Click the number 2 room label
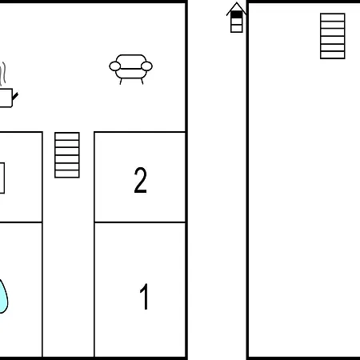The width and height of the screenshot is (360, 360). click(140, 180)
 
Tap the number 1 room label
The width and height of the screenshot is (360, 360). click(144, 296)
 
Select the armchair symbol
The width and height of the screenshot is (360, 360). click(130, 70)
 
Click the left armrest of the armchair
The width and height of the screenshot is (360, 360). click(115, 66)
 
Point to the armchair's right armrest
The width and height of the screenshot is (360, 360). click(146, 66)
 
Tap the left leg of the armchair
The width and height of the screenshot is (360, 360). click(121, 82)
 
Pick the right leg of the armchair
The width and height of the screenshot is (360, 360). click(142, 82)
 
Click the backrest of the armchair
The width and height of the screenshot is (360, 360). click(131, 62)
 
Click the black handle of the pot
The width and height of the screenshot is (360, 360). click(15, 96)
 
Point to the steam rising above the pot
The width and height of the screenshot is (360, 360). click(2, 74)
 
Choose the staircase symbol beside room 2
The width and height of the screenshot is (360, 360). click(67, 155)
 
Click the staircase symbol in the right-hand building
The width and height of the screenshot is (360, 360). click(333, 36)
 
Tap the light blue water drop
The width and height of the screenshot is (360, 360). click(3, 296)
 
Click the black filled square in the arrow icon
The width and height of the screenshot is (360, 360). click(237, 14)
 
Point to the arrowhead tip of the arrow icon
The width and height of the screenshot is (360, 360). click(237, 2)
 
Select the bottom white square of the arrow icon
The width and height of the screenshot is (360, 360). click(237, 29)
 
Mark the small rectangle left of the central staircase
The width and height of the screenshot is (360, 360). click(2, 178)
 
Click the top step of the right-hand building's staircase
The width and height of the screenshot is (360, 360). click(333, 17)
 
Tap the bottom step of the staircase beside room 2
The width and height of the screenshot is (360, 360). click(67, 174)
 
